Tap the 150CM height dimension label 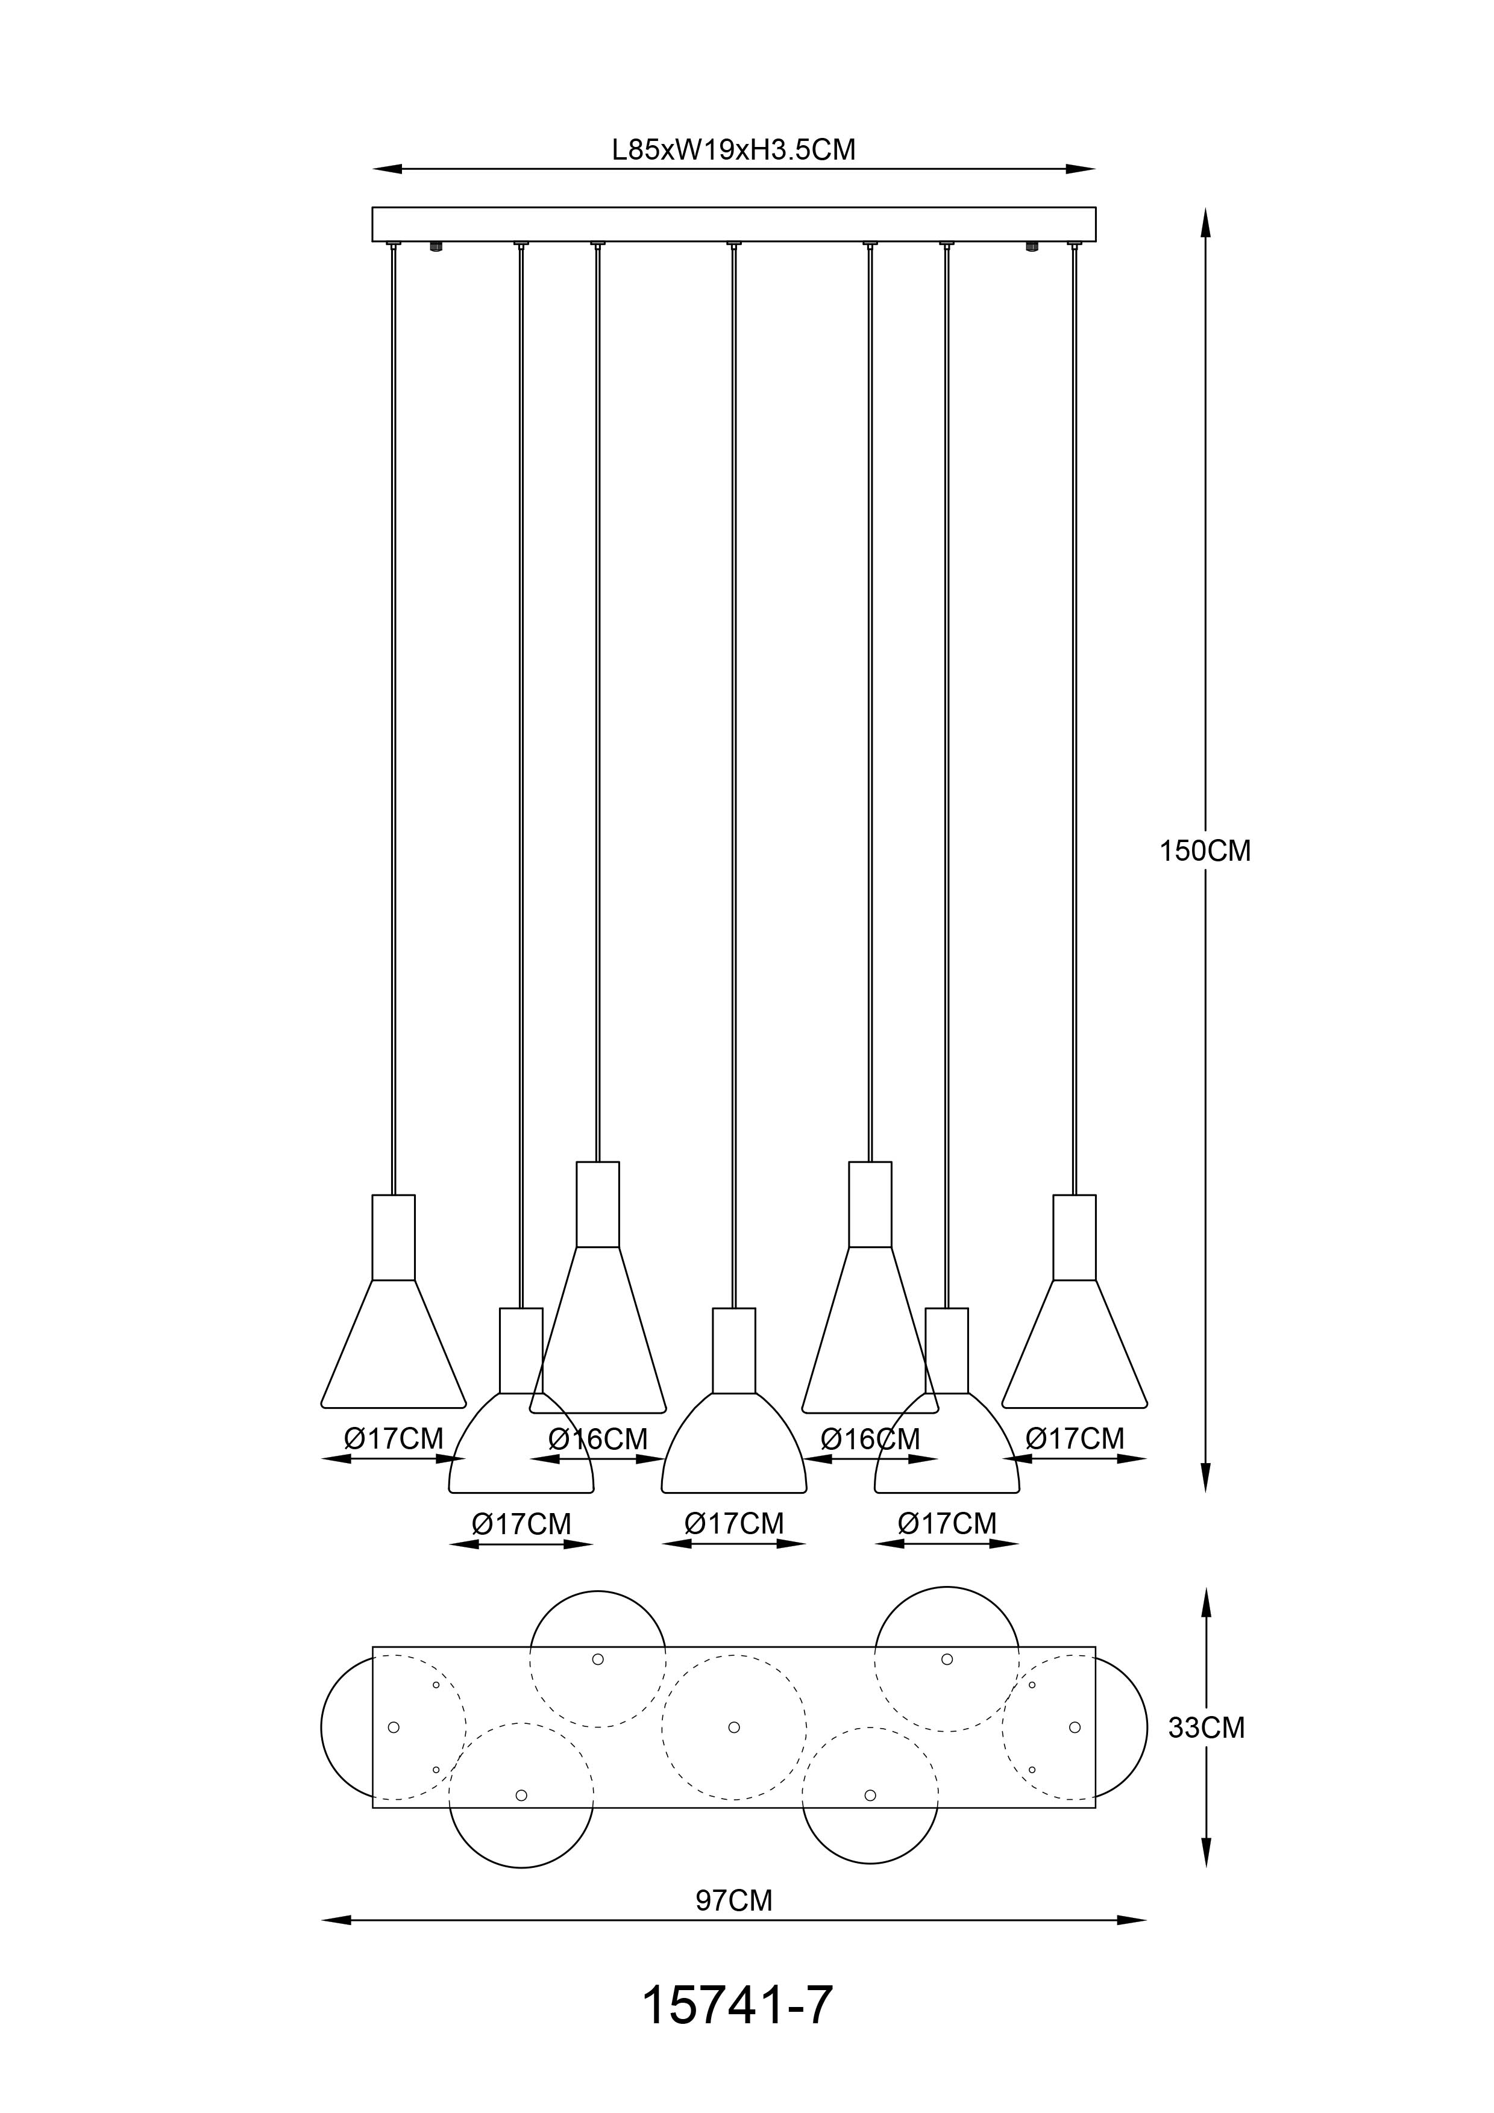pyautogui.click(x=1205, y=851)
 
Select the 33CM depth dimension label pyautogui.click(x=1206, y=1728)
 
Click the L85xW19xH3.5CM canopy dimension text pyautogui.click(x=733, y=149)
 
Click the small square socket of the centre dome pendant pyautogui.click(x=733, y=1350)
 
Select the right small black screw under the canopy pyautogui.click(x=1032, y=246)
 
